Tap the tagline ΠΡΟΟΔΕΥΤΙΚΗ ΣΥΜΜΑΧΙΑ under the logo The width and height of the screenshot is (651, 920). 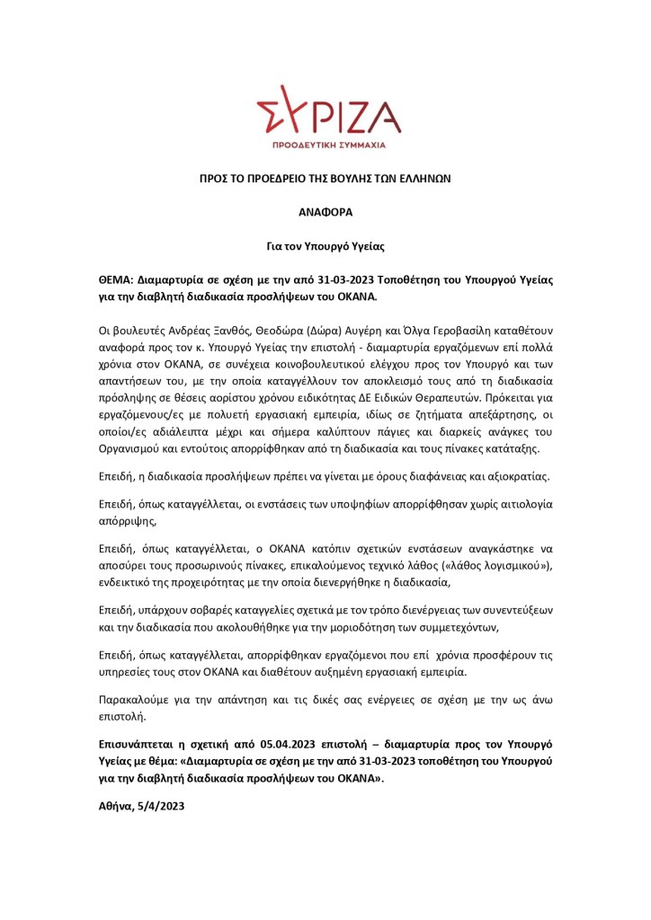pyautogui.click(x=329, y=144)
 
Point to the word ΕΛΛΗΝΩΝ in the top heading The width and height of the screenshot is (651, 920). pyautogui.click(x=423, y=180)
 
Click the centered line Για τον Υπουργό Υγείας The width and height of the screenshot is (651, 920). pyautogui.click(x=325, y=243)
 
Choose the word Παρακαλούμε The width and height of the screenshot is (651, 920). pyautogui.click(x=133, y=698)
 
